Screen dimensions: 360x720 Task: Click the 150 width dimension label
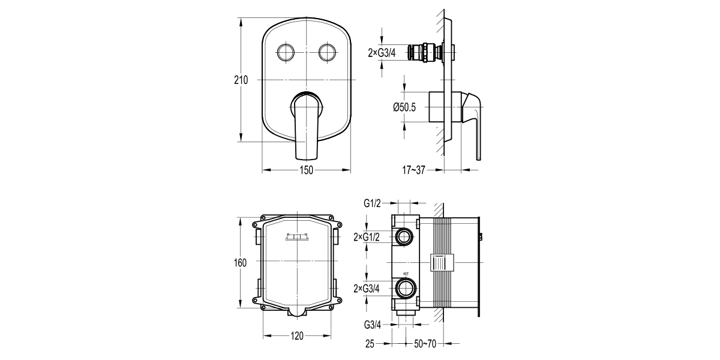point(306,170)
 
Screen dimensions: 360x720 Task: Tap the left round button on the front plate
point(286,53)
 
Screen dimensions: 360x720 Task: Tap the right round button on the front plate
point(328,53)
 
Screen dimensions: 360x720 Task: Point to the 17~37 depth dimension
point(414,170)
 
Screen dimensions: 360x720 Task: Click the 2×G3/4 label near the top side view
point(382,53)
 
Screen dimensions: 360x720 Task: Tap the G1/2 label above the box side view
point(373,203)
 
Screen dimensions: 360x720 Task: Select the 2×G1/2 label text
point(368,237)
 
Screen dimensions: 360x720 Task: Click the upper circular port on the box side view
point(404,237)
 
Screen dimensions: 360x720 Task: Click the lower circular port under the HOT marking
point(404,288)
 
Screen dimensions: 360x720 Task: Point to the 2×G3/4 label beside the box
point(368,288)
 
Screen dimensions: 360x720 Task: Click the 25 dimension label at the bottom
point(370,344)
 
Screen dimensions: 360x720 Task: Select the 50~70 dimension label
point(425,344)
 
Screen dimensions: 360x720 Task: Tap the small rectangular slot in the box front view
point(297,237)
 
